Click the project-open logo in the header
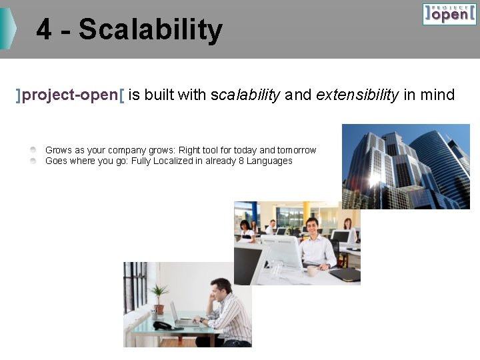coord(449,13)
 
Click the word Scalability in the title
coord(150,30)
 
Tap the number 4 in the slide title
coord(43,30)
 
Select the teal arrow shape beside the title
coord(7,29)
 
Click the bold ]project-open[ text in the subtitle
coord(70,95)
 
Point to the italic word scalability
coord(245,95)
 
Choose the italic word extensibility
coord(357,95)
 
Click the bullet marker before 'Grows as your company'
coord(33,151)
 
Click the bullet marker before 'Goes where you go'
coord(33,161)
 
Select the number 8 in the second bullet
coord(242,161)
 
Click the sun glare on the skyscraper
coord(375,179)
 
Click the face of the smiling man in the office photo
coord(311,227)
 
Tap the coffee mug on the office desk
coord(311,271)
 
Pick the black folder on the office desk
coord(345,274)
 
